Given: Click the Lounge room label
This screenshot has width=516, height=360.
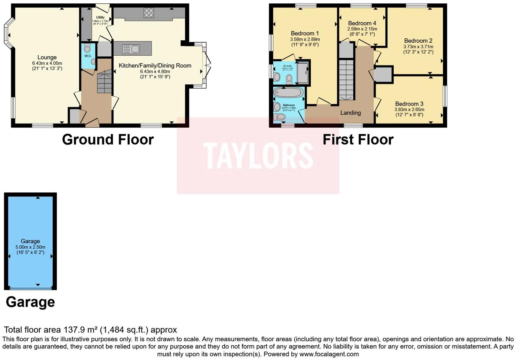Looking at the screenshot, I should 47,57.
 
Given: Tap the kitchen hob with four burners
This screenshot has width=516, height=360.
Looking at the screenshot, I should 149,13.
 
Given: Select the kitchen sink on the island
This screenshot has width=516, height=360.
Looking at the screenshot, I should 131,49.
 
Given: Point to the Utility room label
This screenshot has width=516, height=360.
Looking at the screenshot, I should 100,17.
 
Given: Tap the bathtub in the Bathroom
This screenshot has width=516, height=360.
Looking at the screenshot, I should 289,93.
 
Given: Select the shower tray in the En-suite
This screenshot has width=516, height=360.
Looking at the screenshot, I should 303,72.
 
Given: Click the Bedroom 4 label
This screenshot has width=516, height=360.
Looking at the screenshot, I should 362,23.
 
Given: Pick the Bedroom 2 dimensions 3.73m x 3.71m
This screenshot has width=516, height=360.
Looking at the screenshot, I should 418,47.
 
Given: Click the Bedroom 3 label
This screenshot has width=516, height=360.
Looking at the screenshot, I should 409,104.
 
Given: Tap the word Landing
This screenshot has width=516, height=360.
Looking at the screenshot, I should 350,113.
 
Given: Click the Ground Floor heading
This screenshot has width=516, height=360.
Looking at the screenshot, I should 108,139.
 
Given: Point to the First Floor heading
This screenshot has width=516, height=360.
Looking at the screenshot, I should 358,139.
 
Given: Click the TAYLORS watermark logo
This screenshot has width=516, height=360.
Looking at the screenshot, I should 258,156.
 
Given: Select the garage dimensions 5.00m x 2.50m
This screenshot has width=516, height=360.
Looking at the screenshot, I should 30,247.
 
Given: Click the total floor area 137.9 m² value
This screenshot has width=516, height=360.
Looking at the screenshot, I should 81,330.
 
